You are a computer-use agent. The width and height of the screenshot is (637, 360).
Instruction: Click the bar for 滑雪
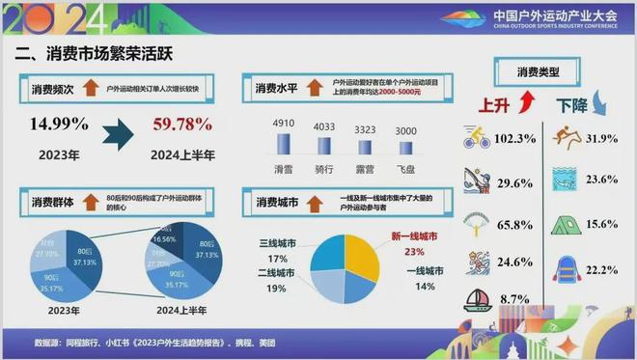coord(284,144)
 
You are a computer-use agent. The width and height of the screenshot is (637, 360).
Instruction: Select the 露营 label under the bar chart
coord(366,167)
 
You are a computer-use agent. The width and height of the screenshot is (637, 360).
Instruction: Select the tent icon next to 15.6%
coord(566,225)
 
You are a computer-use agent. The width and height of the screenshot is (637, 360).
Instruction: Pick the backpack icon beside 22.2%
coord(567,266)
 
